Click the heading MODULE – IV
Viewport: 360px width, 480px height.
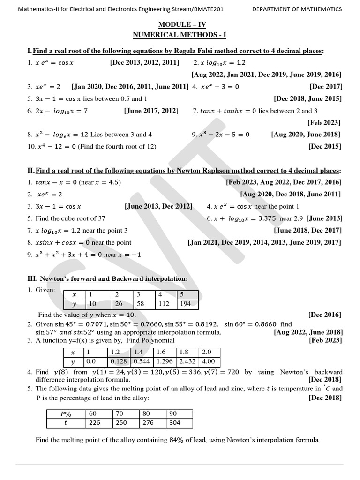182,25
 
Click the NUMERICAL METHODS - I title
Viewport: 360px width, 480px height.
182,35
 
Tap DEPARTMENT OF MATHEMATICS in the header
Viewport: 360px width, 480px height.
297,9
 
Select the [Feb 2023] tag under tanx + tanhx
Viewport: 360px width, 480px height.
324,123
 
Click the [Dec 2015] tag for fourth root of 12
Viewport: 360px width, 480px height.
325,147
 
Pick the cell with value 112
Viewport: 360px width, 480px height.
164,304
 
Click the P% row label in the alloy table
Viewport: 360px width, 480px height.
65,413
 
